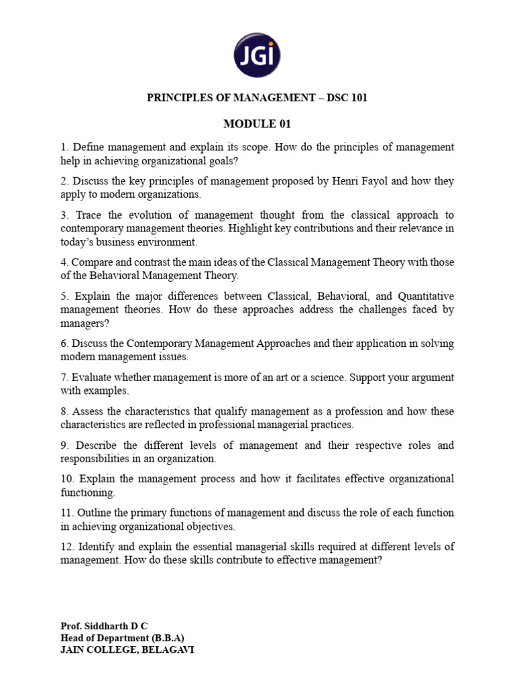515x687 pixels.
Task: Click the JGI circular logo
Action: pyautogui.click(x=257, y=54)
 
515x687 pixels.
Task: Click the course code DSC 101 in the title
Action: pyautogui.click(x=347, y=98)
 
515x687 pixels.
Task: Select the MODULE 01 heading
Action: pyautogui.click(x=257, y=123)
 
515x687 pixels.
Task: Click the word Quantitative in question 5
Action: pyautogui.click(x=426, y=296)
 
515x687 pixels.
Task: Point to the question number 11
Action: pyautogui.click(x=66, y=513)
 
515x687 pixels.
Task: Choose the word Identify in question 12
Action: pyautogui.click(x=94, y=547)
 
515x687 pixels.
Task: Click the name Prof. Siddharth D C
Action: pyautogui.click(x=104, y=627)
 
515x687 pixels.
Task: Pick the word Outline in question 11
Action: pyautogui.click(x=98, y=513)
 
